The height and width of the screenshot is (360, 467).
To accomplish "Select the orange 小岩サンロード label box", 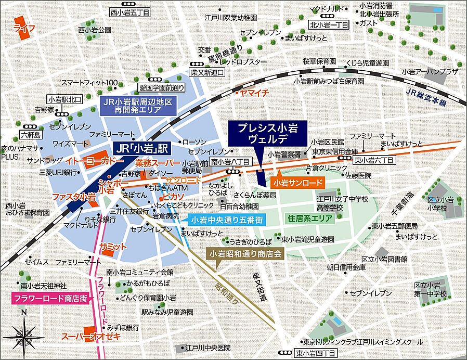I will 297,183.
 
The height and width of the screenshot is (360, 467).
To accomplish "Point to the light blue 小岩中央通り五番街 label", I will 225,220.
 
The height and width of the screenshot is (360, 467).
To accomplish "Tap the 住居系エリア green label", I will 309,218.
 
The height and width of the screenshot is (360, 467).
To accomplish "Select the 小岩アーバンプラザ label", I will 430,71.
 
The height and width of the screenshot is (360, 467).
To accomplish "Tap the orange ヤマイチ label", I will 253,93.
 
